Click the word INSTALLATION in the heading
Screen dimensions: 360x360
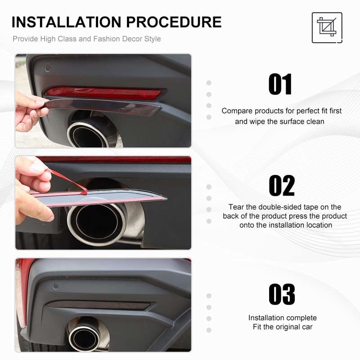tap(66, 22)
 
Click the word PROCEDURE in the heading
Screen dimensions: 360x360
tap(174, 22)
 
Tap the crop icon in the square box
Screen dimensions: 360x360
tap(327, 27)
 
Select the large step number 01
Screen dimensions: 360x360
tap(280, 84)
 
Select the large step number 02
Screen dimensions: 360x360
tap(282, 185)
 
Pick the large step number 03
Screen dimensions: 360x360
tap(282, 294)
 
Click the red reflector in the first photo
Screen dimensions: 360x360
tap(103, 94)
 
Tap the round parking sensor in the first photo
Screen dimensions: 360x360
tap(48, 67)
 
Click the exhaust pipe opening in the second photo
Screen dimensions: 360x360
tap(97, 220)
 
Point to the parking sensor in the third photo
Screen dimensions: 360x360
tap(55, 286)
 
